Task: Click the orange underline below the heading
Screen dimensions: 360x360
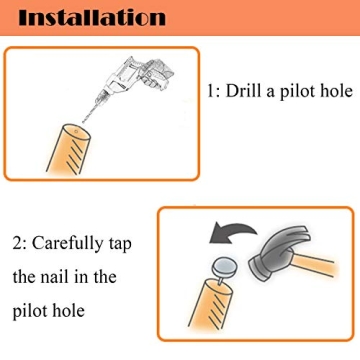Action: tap(180, 39)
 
